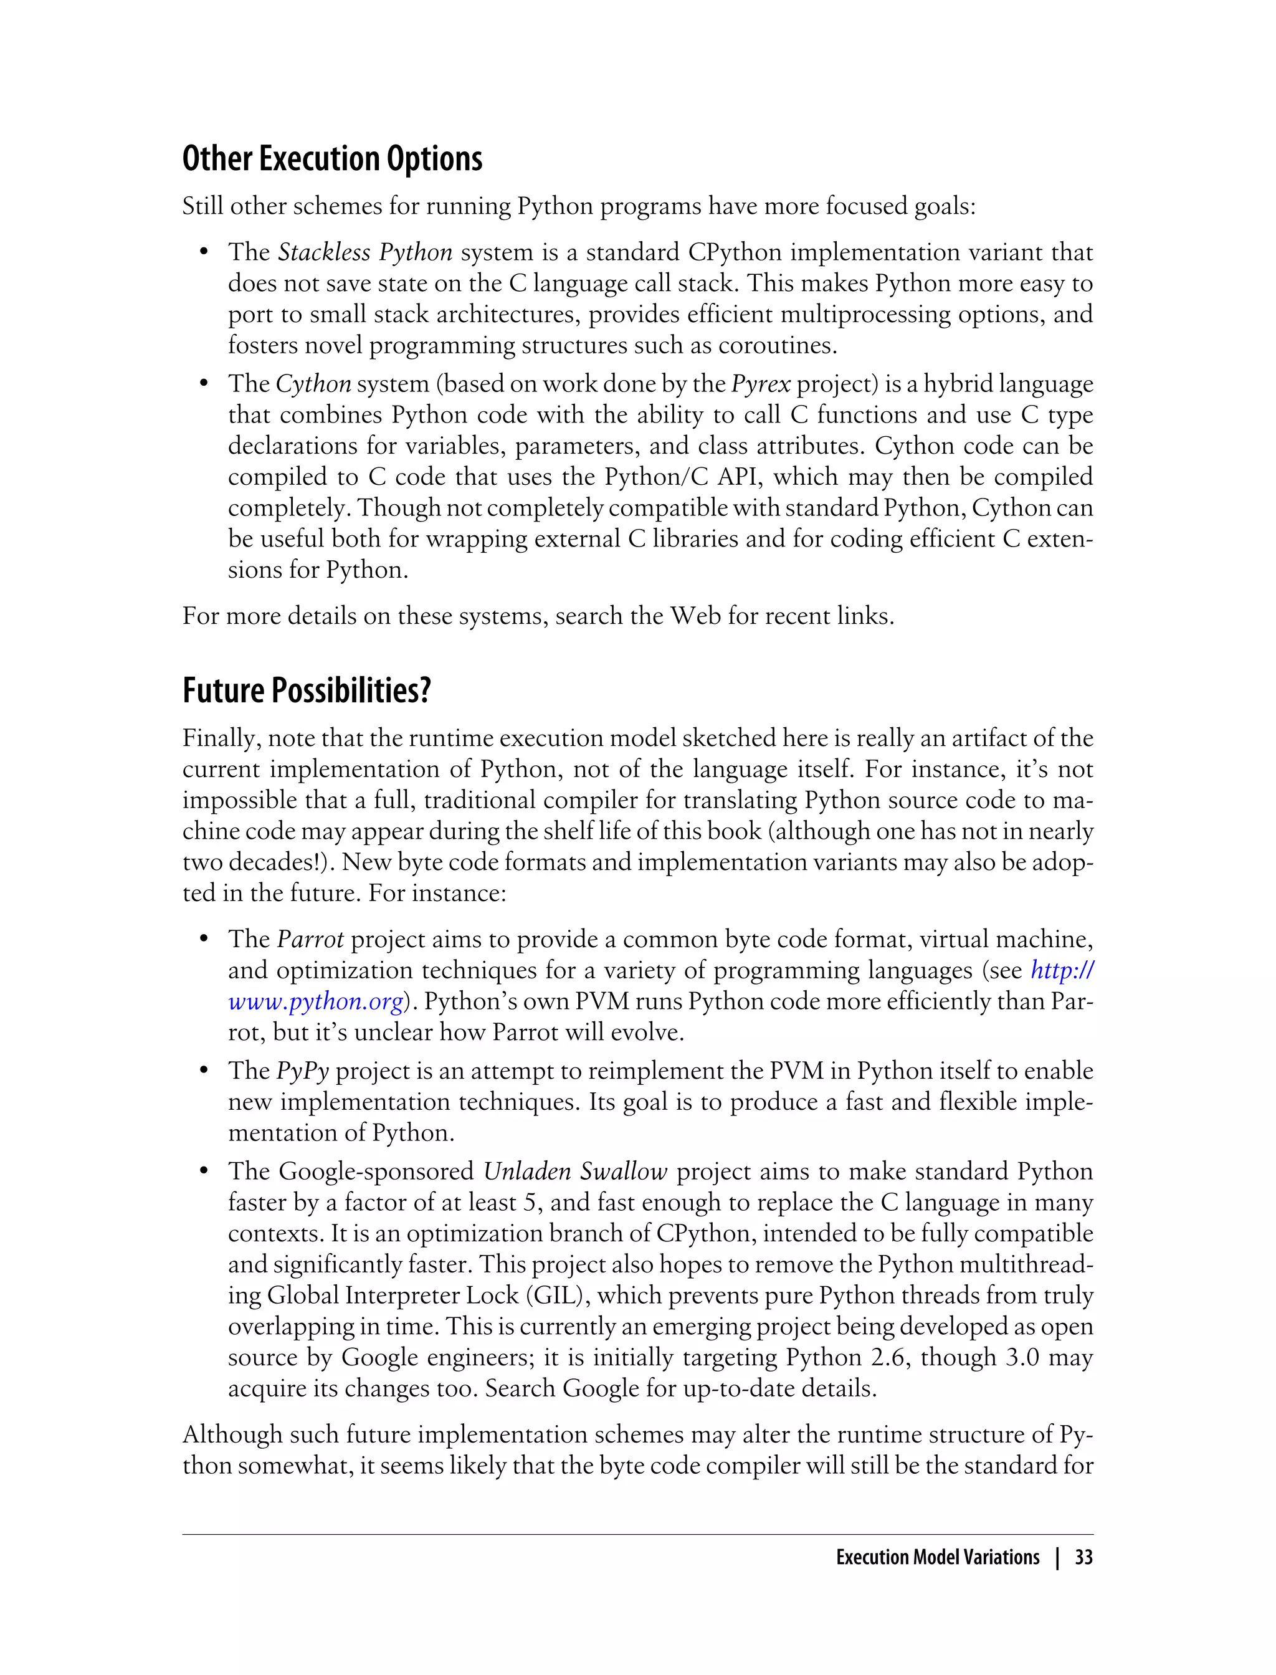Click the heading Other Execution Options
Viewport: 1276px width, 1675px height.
click(332, 159)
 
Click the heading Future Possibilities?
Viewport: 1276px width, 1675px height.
click(306, 690)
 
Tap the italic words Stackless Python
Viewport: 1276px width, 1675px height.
click(364, 252)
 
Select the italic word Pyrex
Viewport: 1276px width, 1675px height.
click(760, 384)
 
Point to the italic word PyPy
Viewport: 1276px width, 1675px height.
click(302, 1071)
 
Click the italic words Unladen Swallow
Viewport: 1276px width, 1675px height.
click(575, 1172)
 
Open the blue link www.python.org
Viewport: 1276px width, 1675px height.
click(315, 1002)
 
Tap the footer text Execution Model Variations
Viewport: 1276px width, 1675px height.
click(937, 1557)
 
